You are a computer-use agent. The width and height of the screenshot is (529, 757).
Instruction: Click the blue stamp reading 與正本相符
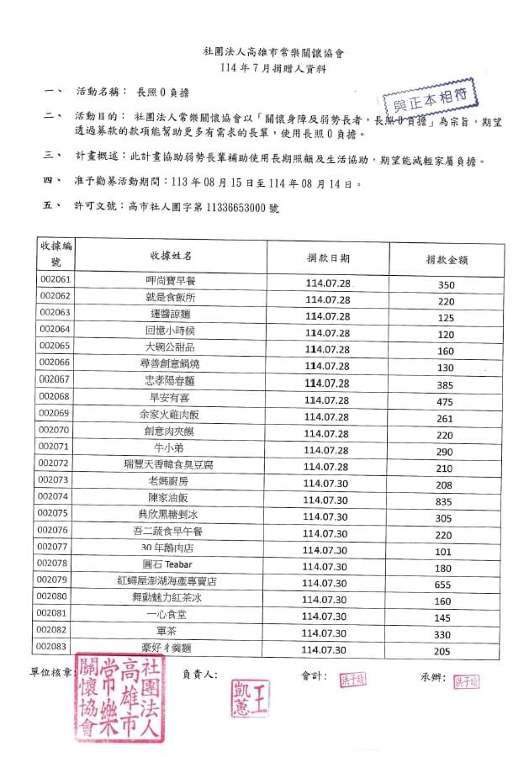tap(430, 99)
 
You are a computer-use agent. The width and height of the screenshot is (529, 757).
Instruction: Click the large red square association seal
tap(118, 700)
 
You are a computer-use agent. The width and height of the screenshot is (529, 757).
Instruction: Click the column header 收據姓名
tap(172, 255)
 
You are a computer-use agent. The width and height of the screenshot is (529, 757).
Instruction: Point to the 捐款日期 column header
tap(328, 257)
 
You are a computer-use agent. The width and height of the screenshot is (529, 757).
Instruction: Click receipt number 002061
tap(56, 279)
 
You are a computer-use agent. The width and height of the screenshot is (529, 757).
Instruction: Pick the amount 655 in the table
tap(444, 584)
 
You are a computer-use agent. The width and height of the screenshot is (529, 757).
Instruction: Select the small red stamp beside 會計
tap(353, 679)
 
